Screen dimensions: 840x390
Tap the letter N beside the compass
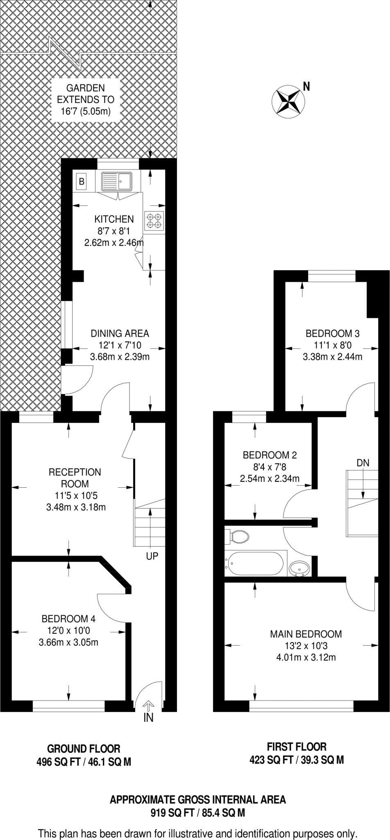pos(306,87)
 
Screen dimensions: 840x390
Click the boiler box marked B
pos(82,181)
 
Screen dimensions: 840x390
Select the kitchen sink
pos(117,181)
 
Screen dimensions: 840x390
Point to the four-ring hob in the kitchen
pos(154,220)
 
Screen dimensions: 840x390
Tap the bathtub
pos(254,564)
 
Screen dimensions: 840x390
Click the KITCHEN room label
pos(114,219)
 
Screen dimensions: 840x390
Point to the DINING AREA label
pos(120,333)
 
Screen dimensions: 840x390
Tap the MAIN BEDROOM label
pos(306,634)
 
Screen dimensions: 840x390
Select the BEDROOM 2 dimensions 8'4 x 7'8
pos(270,466)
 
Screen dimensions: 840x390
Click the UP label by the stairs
pos(152,556)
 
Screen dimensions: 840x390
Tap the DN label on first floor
pos(363,463)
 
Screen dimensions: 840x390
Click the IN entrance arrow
pos(148,706)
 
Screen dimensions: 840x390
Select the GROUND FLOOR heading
pos(84,748)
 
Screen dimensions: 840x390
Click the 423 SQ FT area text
pos(271,760)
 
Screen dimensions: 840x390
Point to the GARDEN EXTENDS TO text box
pos(86,100)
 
